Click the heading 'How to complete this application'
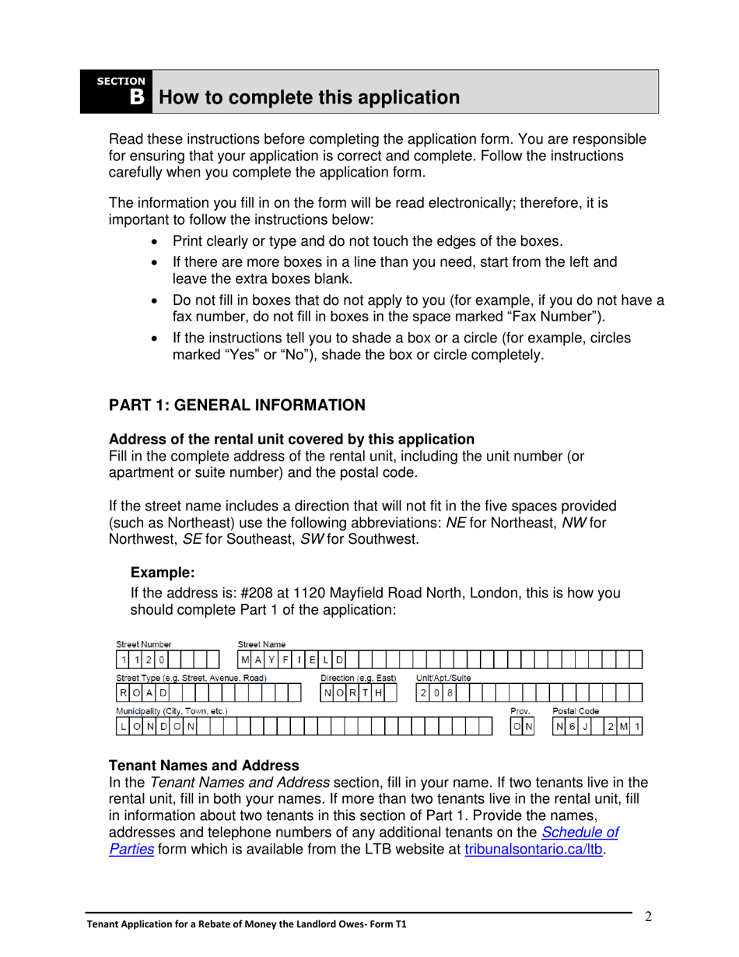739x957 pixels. [309, 98]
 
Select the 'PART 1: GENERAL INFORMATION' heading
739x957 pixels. [236, 405]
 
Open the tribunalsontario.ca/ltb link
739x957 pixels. [534, 850]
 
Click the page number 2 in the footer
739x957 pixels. [648, 916]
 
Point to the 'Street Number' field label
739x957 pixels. [144, 644]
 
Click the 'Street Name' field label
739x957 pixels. [261, 644]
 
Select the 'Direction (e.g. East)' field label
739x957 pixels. [359, 678]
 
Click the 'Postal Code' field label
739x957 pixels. [575, 711]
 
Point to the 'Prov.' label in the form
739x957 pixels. [520, 711]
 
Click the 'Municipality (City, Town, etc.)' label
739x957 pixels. [172, 711]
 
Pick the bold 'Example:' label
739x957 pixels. [162, 573]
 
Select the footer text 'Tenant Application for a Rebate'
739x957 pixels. [179, 925]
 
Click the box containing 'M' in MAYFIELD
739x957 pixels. [245, 660]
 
